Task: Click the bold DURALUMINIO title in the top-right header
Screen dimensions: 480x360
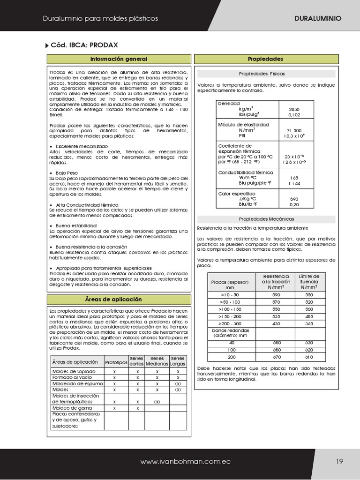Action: [317, 18]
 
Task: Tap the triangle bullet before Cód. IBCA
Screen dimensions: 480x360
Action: [46, 45]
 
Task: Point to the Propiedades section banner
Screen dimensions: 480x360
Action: [265, 59]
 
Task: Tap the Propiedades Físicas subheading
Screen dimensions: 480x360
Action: [262, 74]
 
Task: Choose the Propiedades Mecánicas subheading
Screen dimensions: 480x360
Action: [266, 219]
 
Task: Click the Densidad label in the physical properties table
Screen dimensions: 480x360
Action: [229, 103]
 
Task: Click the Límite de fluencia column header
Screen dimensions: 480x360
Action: [309, 282]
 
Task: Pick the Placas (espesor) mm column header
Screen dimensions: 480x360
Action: [230, 285]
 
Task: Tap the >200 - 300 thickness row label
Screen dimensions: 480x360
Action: [230, 323]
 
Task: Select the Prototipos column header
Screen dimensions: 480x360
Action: [116, 362]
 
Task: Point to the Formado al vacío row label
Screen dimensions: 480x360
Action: [72, 377]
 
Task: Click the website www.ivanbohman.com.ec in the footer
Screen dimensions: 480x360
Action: [186, 462]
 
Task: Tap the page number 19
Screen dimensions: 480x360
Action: [340, 461]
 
